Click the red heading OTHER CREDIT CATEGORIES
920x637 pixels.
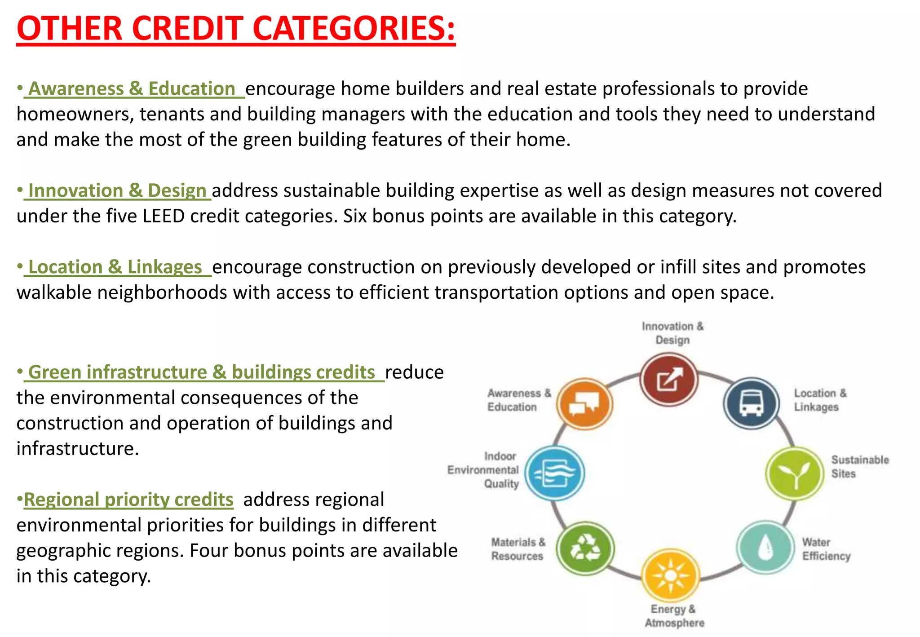click(236, 29)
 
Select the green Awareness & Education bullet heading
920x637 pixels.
click(132, 88)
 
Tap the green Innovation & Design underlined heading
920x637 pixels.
click(117, 190)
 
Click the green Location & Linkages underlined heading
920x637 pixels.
click(115, 267)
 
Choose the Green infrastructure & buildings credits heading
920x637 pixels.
click(201, 372)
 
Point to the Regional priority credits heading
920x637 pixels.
click(128, 500)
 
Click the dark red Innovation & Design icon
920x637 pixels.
click(669, 380)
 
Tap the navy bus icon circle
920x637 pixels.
click(751, 403)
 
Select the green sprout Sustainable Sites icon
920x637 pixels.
click(795, 473)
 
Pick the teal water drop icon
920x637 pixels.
click(765, 547)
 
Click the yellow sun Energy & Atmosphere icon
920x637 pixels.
click(670, 576)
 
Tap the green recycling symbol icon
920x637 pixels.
click(585, 548)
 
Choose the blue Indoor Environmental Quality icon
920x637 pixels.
click(555, 473)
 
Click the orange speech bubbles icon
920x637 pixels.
click(584, 404)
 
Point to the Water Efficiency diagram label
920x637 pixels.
click(826, 549)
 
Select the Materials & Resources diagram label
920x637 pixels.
click(517, 549)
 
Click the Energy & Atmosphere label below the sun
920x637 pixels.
click(674, 616)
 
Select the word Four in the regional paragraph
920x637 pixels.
click(207, 551)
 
